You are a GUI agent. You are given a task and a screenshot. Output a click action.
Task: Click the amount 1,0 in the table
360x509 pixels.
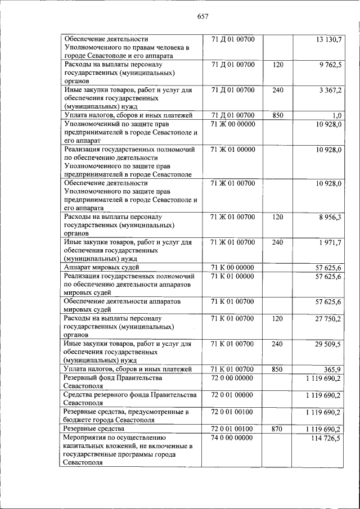click(x=336, y=116)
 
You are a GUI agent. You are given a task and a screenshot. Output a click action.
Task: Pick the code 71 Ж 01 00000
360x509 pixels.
click(x=232, y=150)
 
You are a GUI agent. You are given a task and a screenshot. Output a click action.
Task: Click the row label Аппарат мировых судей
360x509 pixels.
click(x=101, y=268)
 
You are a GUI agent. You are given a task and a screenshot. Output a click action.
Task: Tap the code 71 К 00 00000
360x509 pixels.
click(x=232, y=268)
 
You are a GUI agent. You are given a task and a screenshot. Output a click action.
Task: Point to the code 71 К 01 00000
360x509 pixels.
click(x=232, y=276)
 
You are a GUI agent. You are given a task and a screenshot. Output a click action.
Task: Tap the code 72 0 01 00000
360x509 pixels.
click(x=232, y=395)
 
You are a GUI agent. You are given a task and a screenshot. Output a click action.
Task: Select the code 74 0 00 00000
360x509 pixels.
click(x=232, y=438)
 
